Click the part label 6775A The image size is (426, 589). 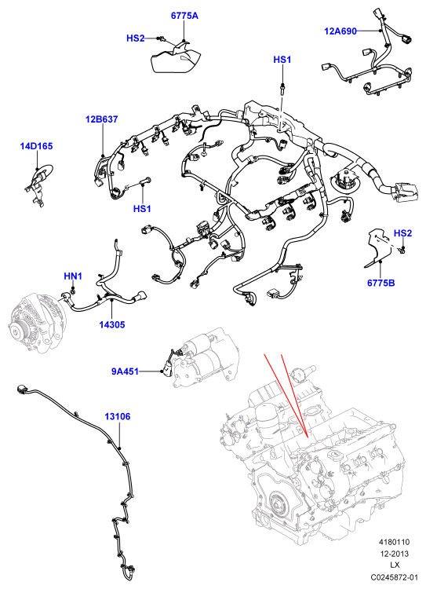coord(184,16)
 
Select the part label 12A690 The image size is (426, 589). coord(340,31)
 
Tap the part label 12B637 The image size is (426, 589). coord(101,119)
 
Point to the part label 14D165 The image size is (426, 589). coord(36,146)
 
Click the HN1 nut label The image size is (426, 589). coord(73,276)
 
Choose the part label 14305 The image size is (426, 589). coord(112,324)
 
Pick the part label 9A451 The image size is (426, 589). coord(125,371)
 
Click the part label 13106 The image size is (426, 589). coord(118,416)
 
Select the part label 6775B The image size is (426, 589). coord(381,283)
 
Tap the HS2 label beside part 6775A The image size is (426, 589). coord(136,38)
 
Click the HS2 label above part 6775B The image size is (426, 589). coord(402,233)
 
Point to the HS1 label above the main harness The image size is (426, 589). coord(282,60)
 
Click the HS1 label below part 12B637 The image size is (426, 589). coord(142,208)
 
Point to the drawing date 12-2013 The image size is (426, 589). coord(394,554)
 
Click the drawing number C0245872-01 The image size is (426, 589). coord(394,576)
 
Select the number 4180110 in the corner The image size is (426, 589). coord(394,542)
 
